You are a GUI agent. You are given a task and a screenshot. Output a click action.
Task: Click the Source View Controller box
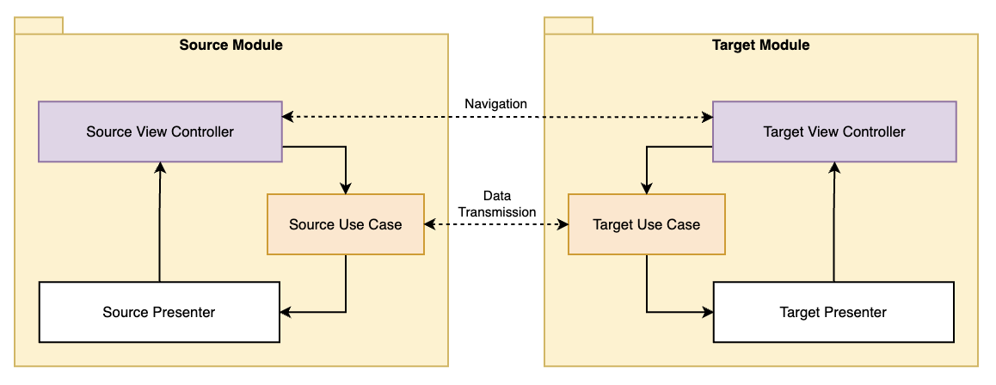(x=160, y=131)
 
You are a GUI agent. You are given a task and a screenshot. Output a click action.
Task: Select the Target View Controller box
(x=833, y=131)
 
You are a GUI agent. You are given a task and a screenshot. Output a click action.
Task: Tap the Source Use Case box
(x=345, y=224)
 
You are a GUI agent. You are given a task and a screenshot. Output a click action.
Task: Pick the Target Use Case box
(x=646, y=224)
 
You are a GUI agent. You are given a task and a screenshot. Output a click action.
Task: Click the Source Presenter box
(x=159, y=312)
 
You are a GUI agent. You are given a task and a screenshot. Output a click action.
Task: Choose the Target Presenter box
(x=833, y=312)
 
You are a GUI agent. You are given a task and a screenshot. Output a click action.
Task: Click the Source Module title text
(x=231, y=45)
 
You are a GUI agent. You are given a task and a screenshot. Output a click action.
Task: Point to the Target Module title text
(x=760, y=45)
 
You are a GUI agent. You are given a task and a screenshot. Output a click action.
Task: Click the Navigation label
(x=495, y=104)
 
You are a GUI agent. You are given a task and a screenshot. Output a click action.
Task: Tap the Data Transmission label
(x=496, y=204)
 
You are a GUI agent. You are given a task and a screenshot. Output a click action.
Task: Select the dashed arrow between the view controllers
(x=497, y=116)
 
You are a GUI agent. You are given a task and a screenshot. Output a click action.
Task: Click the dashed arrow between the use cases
(x=496, y=224)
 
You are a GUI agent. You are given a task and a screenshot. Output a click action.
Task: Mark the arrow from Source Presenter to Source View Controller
(x=159, y=223)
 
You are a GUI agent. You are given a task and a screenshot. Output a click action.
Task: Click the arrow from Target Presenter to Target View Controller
(x=833, y=223)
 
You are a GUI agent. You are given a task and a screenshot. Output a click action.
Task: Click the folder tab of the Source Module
(x=39, y=26)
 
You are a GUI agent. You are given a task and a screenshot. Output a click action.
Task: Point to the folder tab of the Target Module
(x=569, y=26)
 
